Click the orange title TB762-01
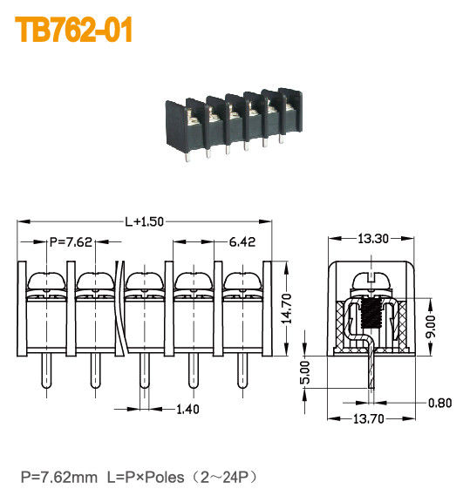[74, 30]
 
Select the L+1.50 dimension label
[144, 221]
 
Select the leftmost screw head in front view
[43, 282]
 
